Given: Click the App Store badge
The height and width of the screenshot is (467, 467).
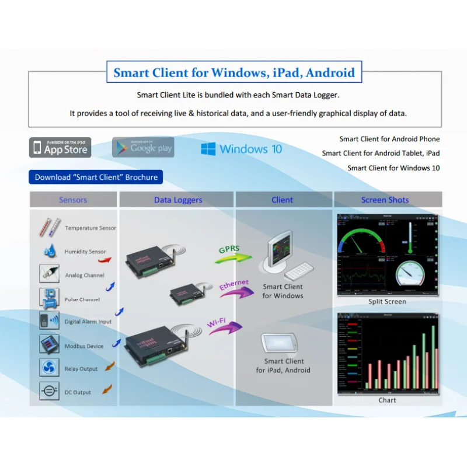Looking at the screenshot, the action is [61, 148].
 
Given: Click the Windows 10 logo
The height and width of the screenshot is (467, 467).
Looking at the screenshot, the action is [241, 149].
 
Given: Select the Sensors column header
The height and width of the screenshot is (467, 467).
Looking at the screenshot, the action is [73, 200].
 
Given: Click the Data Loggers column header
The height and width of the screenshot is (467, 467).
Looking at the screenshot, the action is [178, 200].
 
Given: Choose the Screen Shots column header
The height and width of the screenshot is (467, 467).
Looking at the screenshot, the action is [385, 200].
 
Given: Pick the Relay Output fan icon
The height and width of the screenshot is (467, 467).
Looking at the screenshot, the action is [48, 368].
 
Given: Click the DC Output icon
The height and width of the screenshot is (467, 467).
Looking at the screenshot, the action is [48, 391].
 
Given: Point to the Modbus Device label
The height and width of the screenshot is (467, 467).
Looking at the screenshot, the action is [84, 346].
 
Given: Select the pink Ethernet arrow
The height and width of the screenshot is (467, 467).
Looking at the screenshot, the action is [233, 288].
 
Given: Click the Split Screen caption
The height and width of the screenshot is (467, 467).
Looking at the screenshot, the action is [387, 302].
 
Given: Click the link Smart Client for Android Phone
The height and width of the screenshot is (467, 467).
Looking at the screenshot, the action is [389, 139].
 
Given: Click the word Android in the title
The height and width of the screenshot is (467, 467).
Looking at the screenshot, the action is [330, 73].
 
